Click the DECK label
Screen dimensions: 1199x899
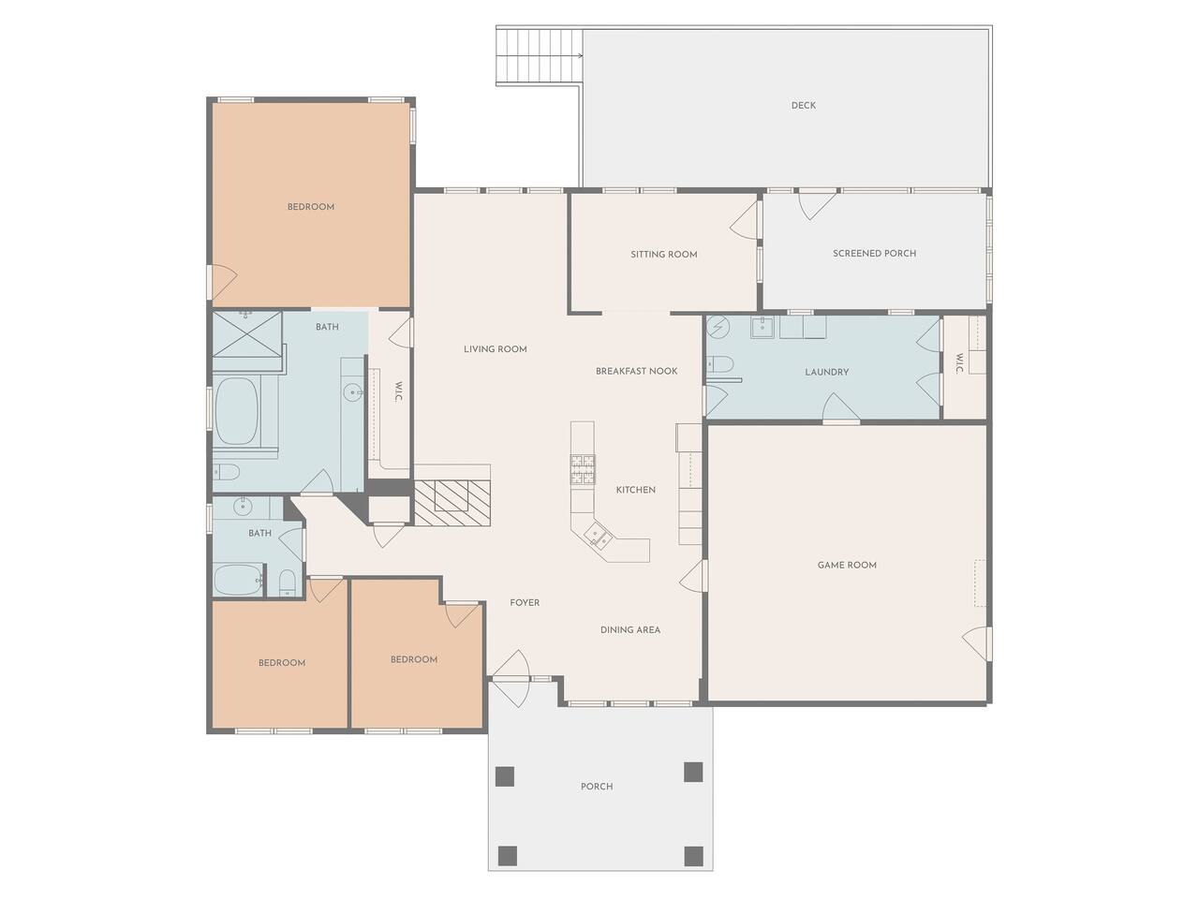click(803, 105)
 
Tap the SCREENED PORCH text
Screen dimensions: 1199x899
click(874, 253)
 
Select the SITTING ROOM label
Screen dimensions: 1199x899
click(664, 255)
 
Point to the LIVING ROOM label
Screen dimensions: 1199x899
click(495, 349)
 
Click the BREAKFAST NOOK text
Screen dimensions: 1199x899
click(636, 371)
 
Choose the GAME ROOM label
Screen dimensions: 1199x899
click(847, 565)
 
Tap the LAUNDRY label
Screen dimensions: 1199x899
click(826, 373)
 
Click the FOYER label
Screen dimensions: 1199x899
click(525, 602)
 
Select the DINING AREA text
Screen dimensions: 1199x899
click(630, 630)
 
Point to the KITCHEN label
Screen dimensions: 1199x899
click(635, 490)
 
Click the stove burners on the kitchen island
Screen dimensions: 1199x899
click(583, 469)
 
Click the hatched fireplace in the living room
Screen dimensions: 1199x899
click(452, 503)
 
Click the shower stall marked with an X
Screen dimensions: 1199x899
click(247, 333)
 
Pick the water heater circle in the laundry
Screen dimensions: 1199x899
click(718, 328)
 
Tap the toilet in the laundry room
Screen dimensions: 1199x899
click(720, 363)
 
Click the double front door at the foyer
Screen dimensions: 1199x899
click(511, 679)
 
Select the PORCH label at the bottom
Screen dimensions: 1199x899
click(597, 787)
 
